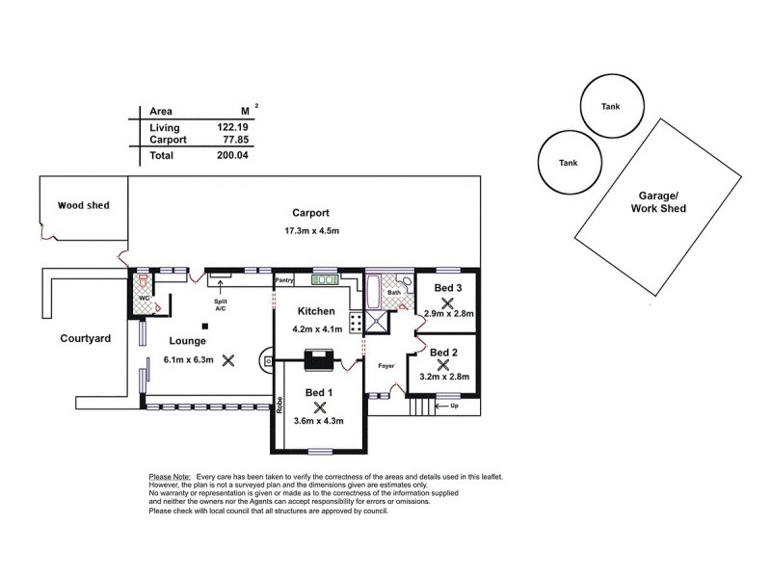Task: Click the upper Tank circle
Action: (610, 105)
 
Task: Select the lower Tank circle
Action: (569, 162)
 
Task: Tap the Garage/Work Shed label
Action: (658, 200)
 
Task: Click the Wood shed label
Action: (83, 205)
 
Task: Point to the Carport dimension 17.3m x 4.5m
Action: (311, 231)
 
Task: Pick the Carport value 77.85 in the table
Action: (234, 140)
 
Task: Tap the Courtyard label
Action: (86, 338)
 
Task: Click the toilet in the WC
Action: (144, 283)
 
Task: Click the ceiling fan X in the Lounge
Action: (228, 361)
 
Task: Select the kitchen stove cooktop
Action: (356, 323)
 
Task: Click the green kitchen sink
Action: (323, 280)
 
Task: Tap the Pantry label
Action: (284, 280)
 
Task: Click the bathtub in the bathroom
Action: (373, 289)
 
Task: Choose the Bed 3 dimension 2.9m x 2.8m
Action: (447, 314)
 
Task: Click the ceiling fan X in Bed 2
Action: (443, 365)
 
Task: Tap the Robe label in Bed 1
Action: (278, 407)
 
